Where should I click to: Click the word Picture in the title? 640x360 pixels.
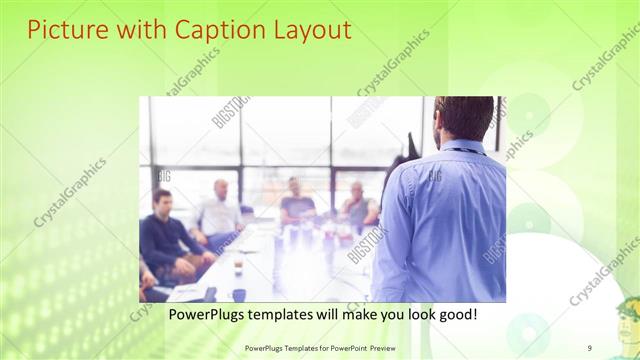click(63, 30)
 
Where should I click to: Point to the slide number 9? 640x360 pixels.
click(590, 347)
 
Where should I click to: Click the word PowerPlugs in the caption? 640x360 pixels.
click(206, 314)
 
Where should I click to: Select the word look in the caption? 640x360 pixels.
click(415, 314)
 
